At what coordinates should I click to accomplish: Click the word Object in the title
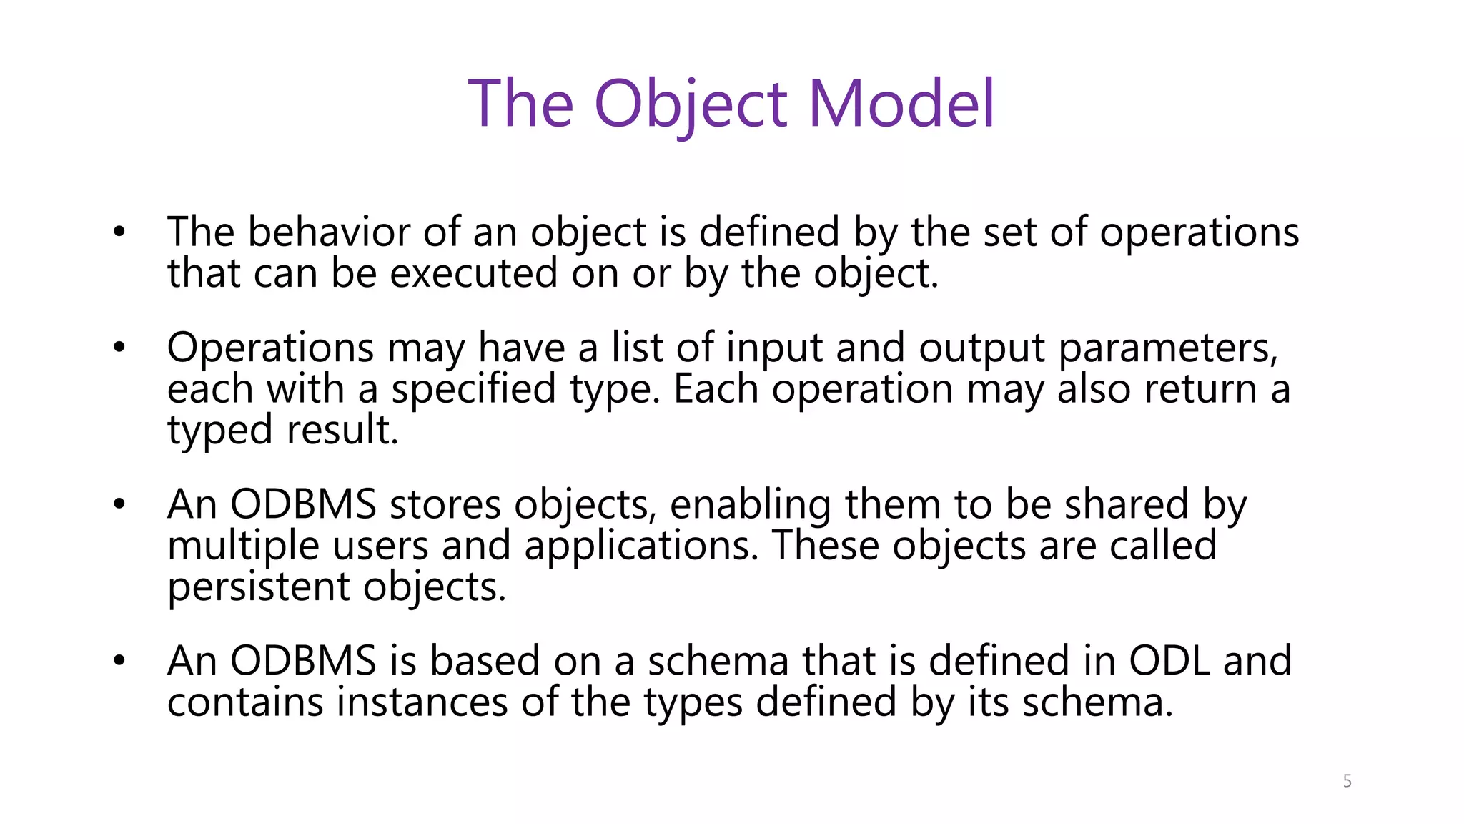691,104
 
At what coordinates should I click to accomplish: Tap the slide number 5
1347,781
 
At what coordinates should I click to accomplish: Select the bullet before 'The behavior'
119,232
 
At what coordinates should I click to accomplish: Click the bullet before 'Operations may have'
119,348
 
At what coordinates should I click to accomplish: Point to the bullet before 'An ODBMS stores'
119,504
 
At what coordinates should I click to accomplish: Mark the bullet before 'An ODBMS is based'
119,660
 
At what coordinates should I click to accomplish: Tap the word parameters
1167,348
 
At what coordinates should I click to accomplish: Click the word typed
220,431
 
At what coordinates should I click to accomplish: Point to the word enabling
751,505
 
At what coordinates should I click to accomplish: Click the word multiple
243,546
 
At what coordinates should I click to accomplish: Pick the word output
981,348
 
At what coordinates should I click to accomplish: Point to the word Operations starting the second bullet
270,348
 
